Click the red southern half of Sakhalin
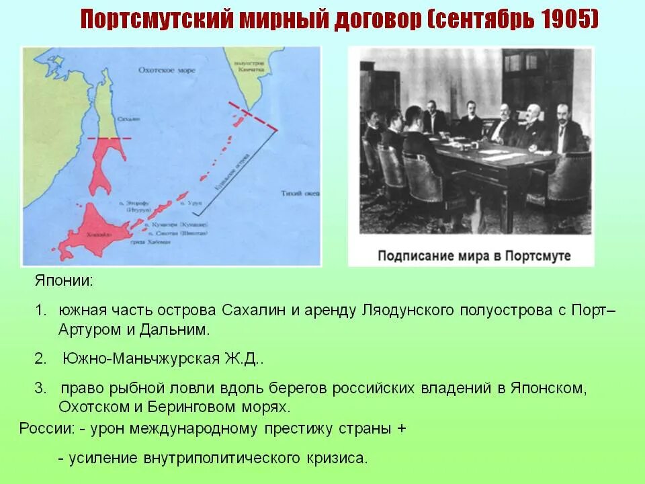tap(107, 161)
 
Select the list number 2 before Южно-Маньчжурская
tap(40, 358)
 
